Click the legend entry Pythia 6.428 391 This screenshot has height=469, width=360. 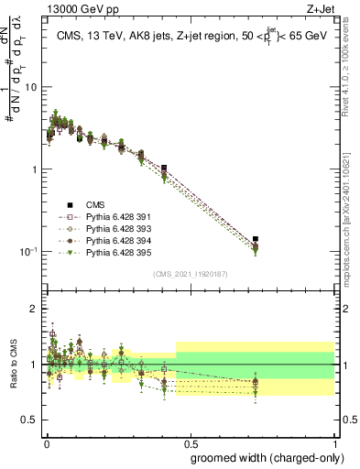coord(111,217)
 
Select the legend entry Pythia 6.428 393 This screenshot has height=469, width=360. coord(111,229)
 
